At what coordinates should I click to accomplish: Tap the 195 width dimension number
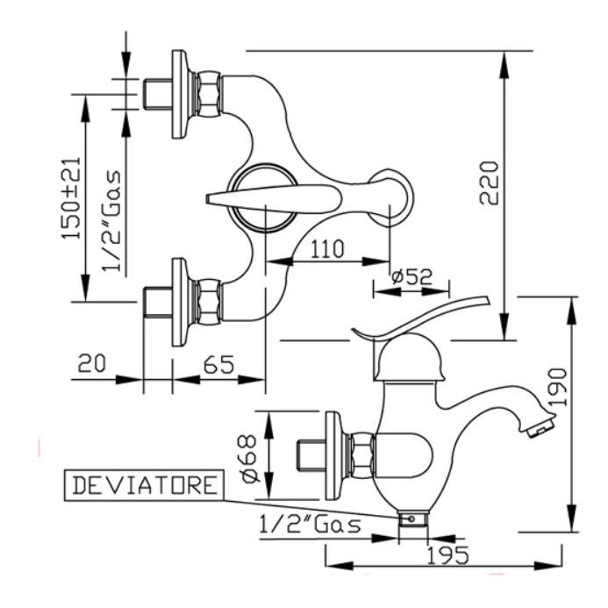[448, 554]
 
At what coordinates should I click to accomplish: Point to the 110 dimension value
[326, 248]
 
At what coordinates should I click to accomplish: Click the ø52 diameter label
[412, 276]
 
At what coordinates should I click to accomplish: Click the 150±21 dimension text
[71, 197]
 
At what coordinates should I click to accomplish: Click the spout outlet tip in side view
[540, 428]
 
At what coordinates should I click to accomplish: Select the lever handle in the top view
[272, 198]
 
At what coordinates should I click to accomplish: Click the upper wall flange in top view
[179, 94]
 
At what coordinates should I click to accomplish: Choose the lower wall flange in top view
[179, 301]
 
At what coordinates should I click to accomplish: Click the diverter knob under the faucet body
[411, 519]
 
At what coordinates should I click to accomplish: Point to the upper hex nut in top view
[207, 93]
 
